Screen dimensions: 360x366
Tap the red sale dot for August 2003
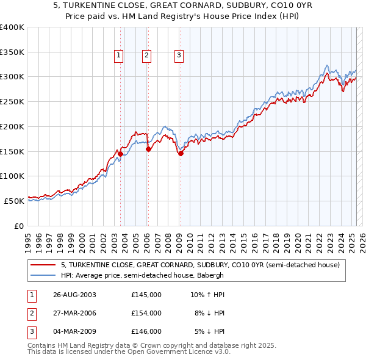121,154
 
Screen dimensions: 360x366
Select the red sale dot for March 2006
148,149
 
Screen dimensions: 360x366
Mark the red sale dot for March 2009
181,153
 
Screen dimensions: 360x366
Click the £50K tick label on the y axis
15,201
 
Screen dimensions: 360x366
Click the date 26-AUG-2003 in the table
74,295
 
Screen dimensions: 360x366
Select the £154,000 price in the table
146,313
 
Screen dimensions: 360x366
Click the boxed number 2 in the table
31,313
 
